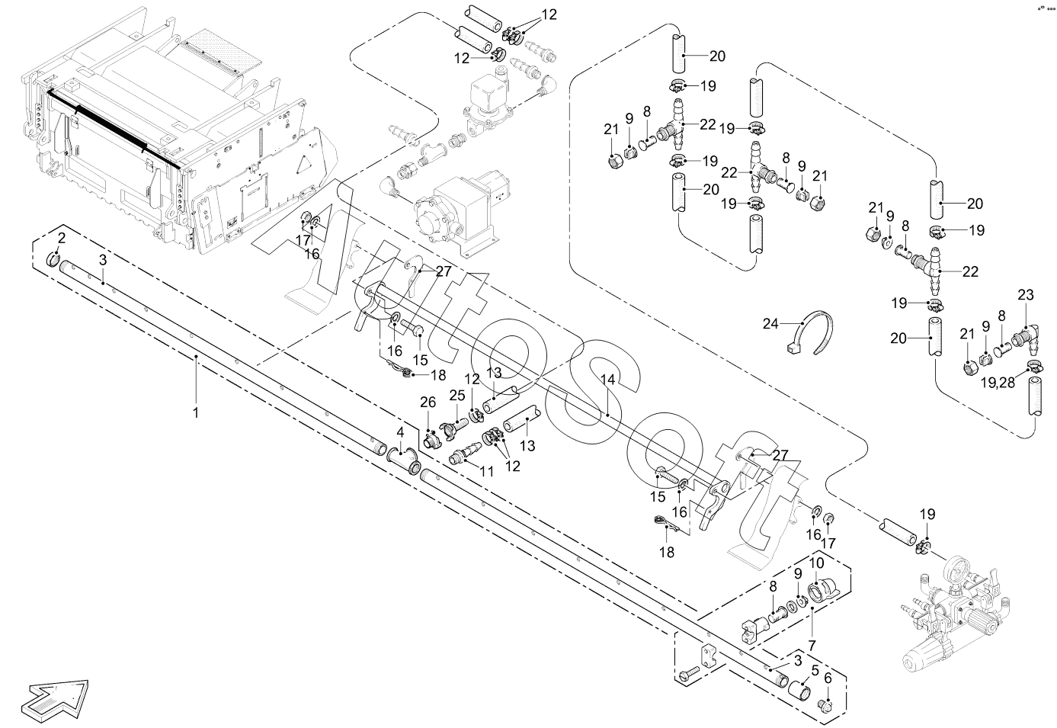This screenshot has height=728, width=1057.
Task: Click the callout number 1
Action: click(195, 412)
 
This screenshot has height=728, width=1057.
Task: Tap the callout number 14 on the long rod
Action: click(608, 380)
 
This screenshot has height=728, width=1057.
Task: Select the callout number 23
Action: click(1026, 295)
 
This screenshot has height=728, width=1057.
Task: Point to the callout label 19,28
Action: click(998, 383)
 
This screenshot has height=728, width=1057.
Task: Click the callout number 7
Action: click(812, 646)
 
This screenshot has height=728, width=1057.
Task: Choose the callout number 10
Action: click(817, 563)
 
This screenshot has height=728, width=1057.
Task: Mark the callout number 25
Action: click(456, 396)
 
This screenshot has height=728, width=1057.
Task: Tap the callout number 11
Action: click(486, 472)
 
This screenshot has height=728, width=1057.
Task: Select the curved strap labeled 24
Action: click(810, 333)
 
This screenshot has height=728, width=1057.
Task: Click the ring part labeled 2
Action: click(54, 259)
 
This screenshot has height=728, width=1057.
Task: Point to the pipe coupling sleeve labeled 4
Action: click(404, 460)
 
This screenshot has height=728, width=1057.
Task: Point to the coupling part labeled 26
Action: click(430, 441)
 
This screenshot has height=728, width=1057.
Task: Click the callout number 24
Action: click(770, 324)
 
